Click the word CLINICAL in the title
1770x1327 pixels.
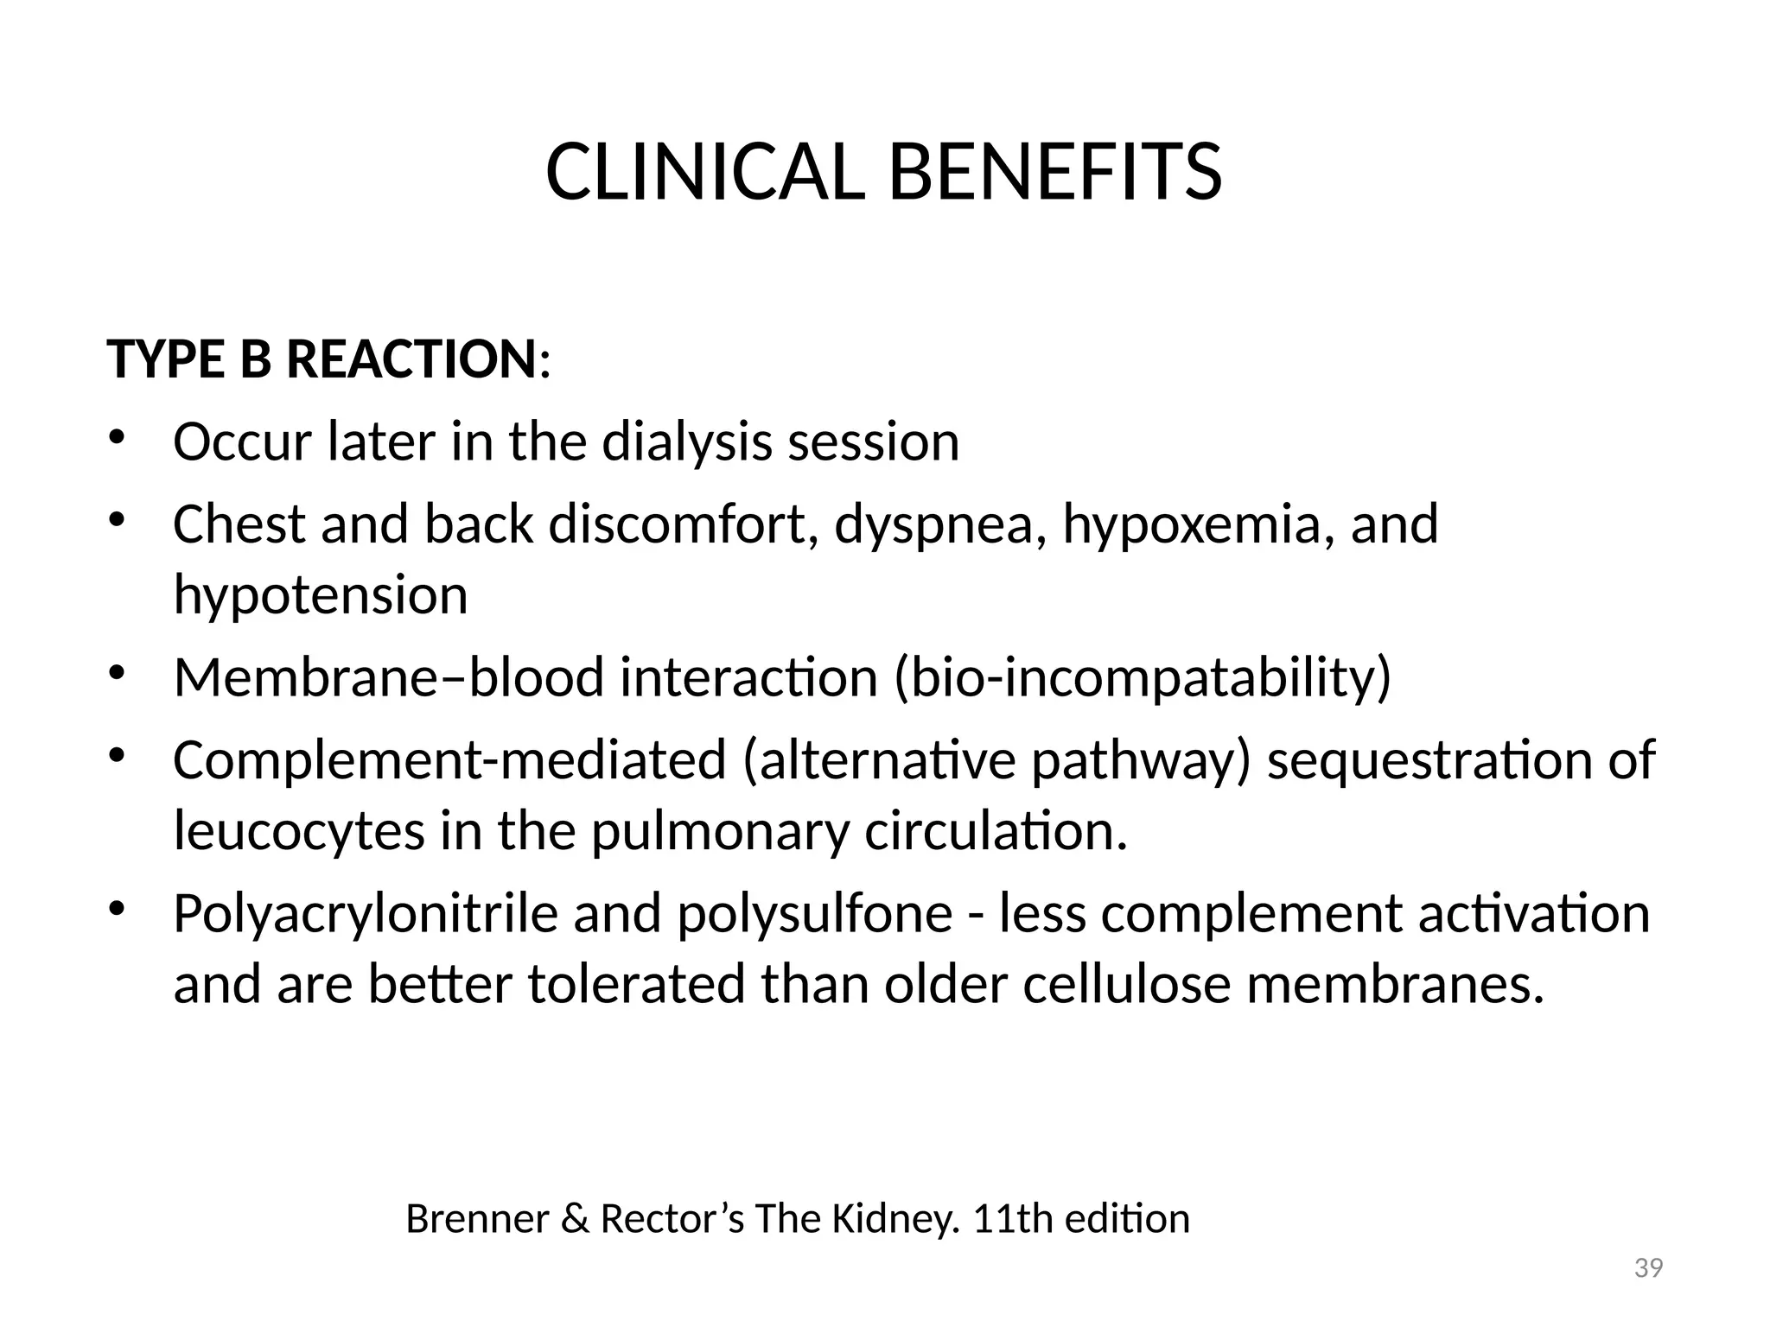pos(704,172)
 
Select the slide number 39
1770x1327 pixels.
pos(1648,1268)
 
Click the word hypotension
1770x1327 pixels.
pos(320,595)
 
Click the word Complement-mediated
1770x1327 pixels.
pos(449,760)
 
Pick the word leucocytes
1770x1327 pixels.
pos(299,831)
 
